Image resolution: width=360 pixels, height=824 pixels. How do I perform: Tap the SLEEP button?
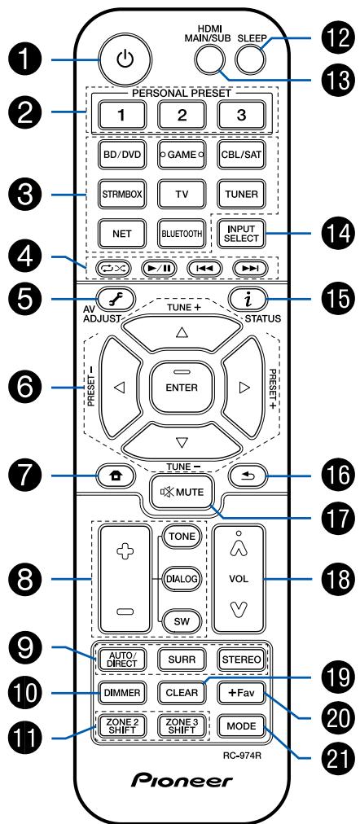[x=251, y=57]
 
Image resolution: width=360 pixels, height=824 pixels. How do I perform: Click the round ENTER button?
[x=181, y=388]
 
